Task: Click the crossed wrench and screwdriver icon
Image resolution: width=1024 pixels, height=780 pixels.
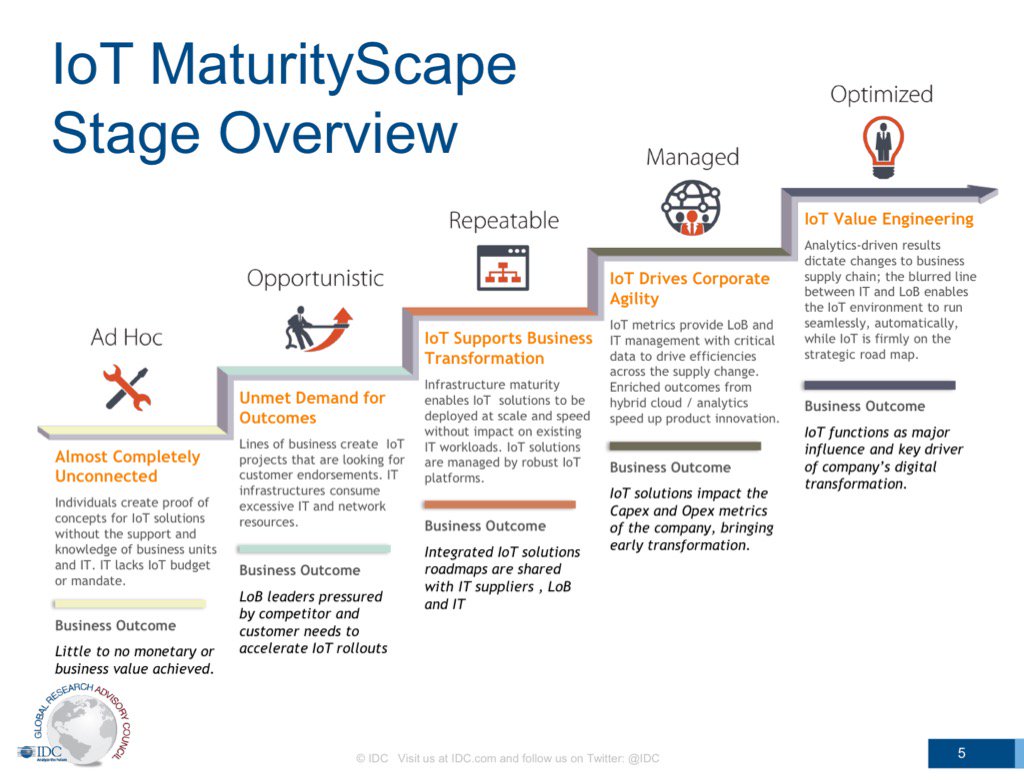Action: point(126,388)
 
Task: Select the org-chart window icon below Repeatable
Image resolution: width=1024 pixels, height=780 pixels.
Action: point(503,267)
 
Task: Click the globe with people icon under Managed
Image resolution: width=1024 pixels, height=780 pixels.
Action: point(691,207)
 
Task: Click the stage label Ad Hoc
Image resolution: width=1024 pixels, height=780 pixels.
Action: point(126,337)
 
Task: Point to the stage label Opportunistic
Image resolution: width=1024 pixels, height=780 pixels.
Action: point(315,278)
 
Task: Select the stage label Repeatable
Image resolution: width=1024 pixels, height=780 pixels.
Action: point(503,220)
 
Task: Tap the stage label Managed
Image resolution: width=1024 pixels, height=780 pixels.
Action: point(692,157)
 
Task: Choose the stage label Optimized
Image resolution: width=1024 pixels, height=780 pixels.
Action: point(881,95)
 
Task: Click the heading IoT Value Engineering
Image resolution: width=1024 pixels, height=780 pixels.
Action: point(888,219)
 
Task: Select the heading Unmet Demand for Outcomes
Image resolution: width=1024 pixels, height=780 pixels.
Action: point(312,408)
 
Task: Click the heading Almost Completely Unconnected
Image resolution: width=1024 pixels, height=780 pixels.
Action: point(127,466)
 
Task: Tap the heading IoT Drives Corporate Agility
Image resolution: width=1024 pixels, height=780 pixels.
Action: point(689,288)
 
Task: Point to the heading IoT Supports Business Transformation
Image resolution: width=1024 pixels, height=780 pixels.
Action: point(508,348)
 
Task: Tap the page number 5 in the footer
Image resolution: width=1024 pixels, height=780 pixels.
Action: point(961,753)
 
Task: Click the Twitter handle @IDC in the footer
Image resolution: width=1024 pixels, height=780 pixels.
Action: point(643,758)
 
